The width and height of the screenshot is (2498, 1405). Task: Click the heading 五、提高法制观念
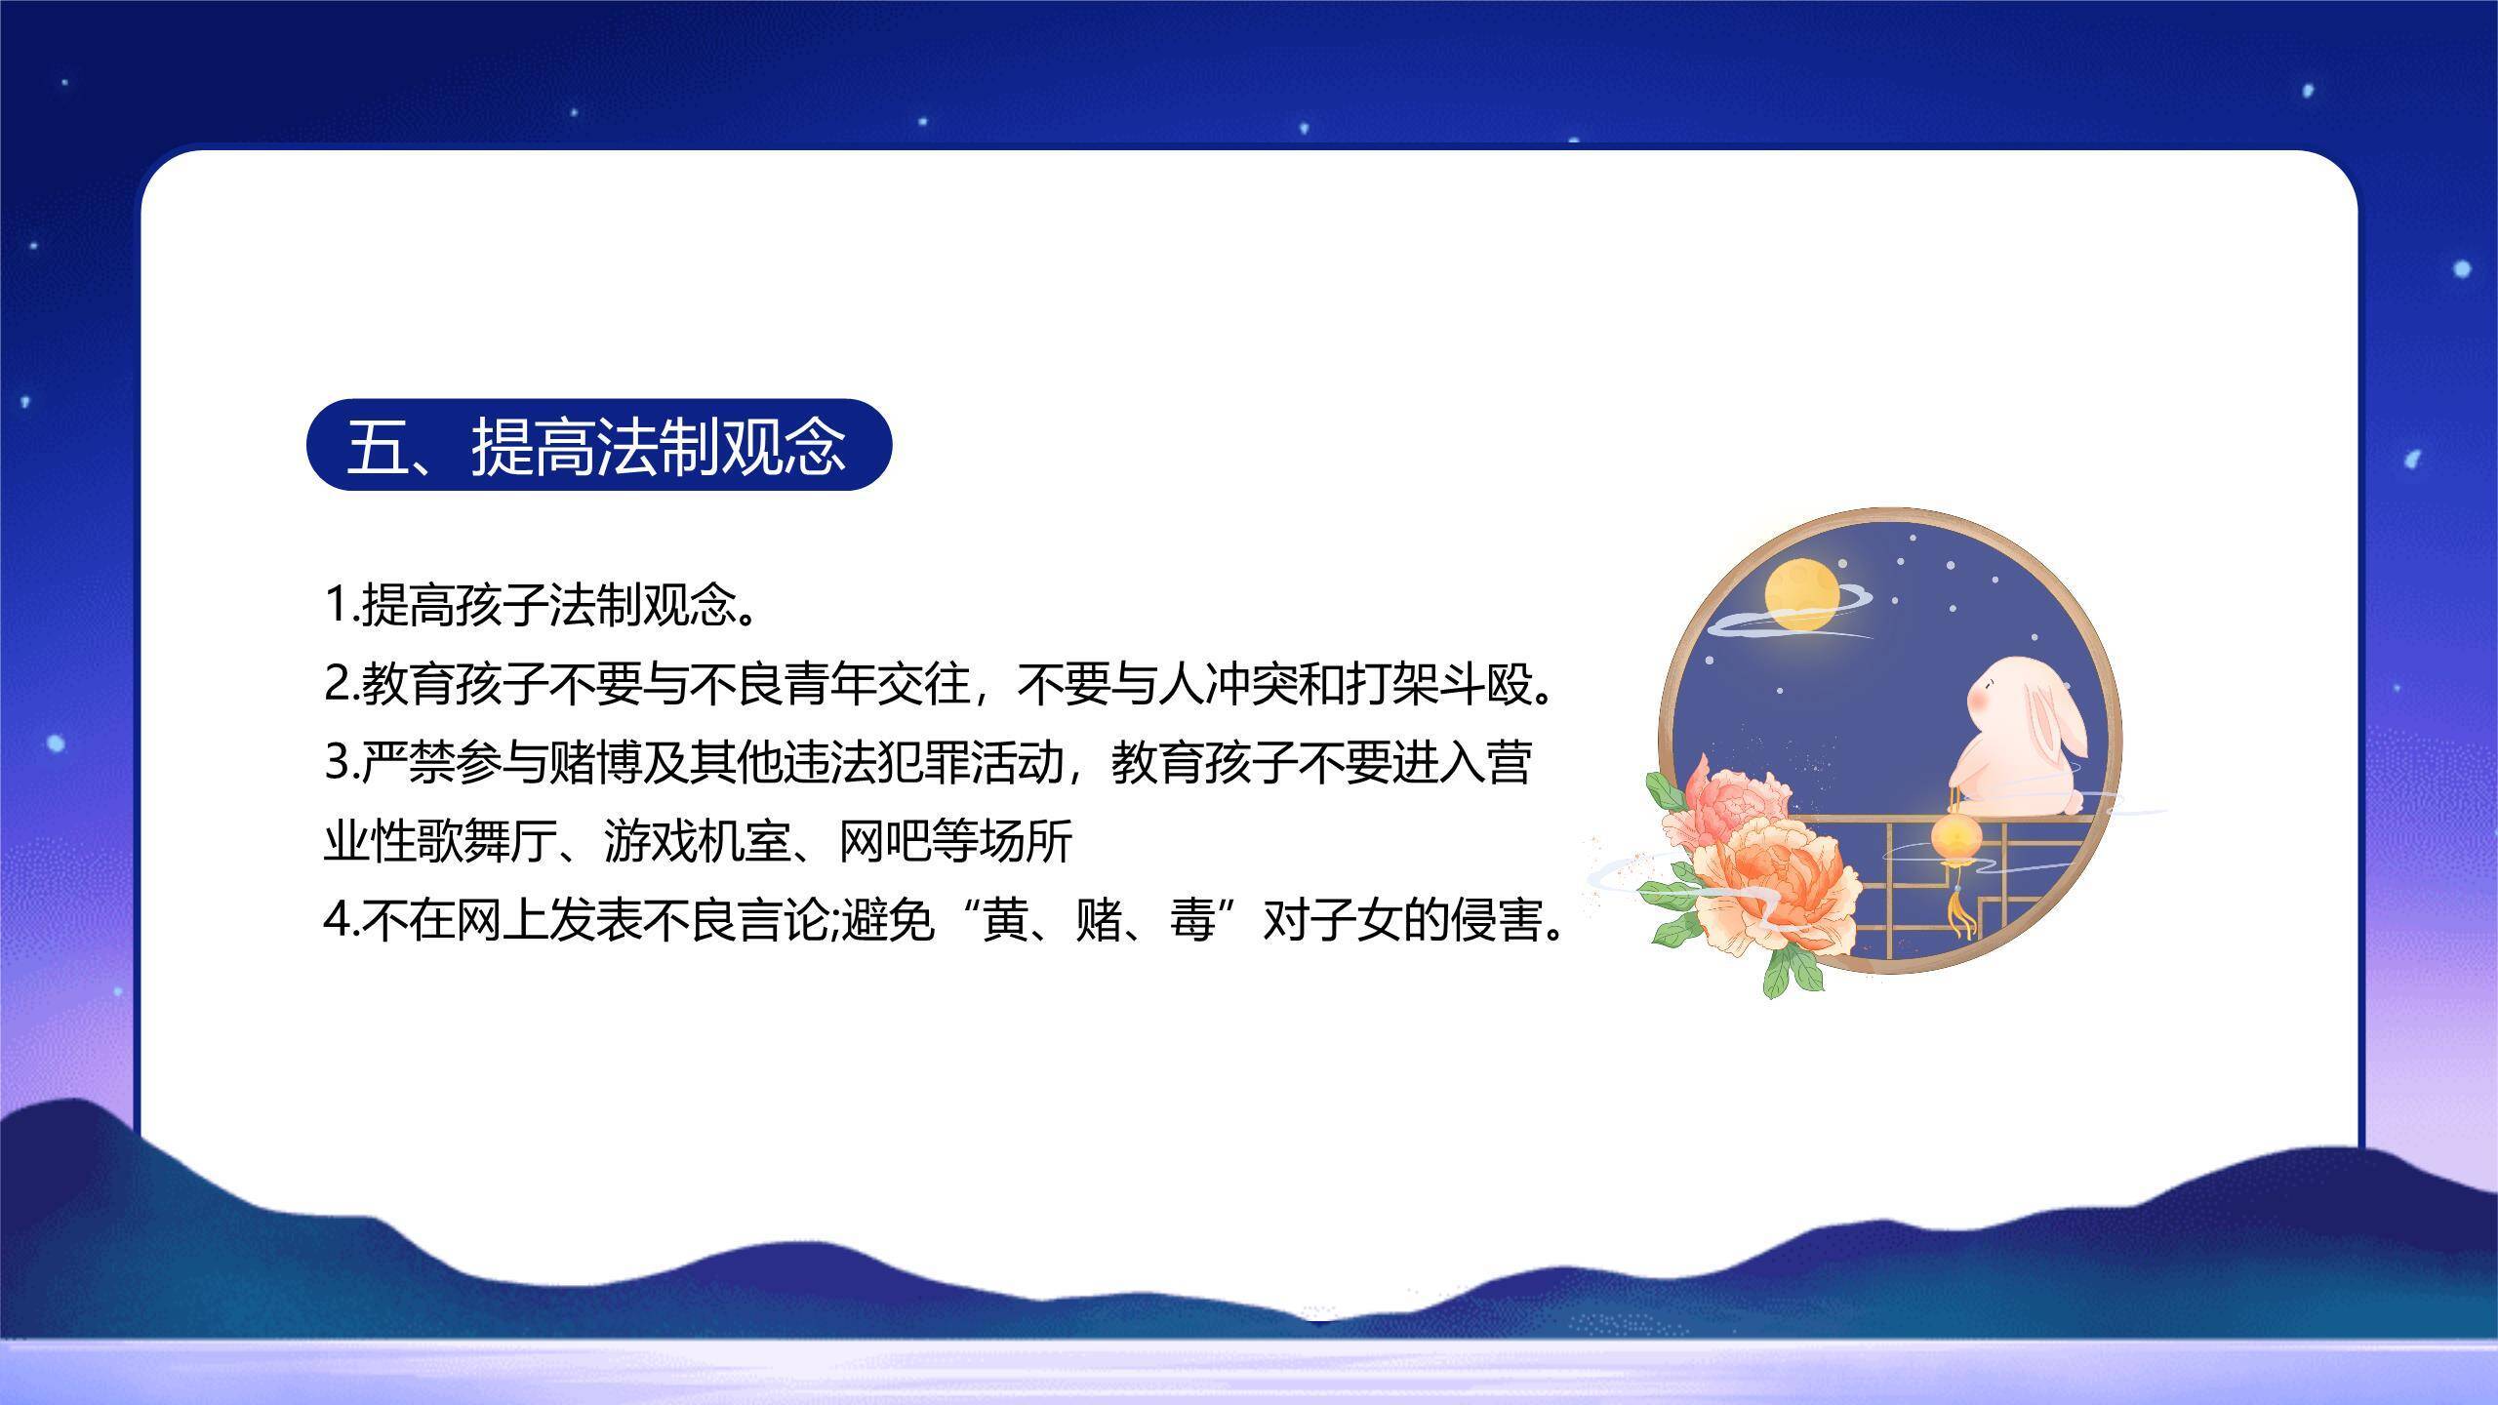597,447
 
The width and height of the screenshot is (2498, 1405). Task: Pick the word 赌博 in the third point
595,762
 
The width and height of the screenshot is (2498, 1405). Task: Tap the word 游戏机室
697,841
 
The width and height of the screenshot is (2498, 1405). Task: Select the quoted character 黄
1005,920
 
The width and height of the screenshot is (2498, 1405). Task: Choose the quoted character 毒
1192,920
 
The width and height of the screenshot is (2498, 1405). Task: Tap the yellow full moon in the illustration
1801,592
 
